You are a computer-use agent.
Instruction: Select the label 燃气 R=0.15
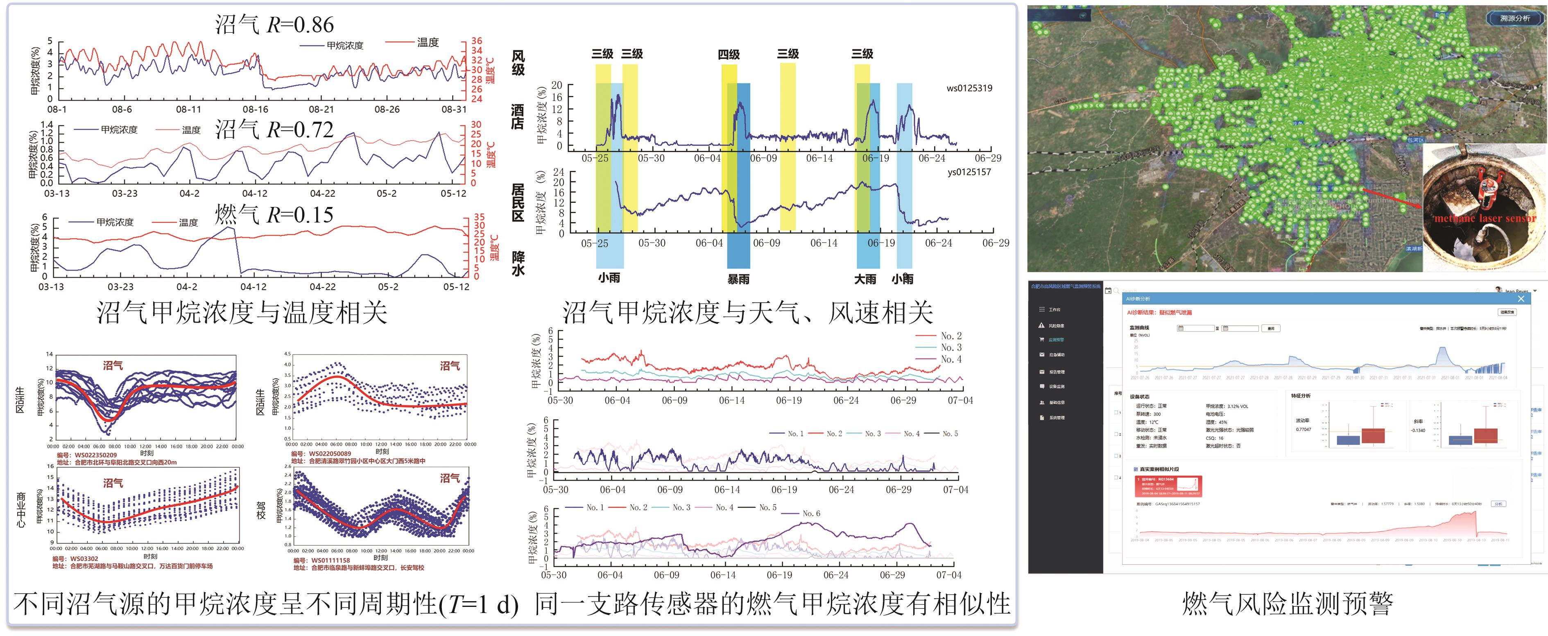tap(274, 215)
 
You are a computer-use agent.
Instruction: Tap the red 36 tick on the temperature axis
tap(477, 41)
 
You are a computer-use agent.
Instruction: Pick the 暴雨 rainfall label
tap(738, 279)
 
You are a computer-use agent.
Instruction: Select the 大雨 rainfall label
tap(865, 279)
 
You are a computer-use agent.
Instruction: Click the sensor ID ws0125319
tap(969, 89)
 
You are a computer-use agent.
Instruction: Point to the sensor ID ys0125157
tap(969, 172)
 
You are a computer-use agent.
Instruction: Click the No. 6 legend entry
tap(811, 513)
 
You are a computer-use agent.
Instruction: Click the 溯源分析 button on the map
tap(1515, 18)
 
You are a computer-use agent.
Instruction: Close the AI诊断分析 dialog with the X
tap(1521, 299)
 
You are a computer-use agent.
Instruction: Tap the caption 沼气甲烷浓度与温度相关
tap(242, 312)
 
